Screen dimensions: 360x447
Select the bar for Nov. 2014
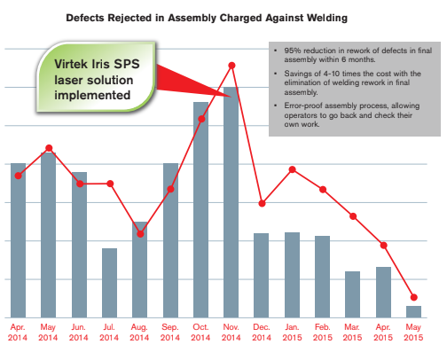[x=231, y=204]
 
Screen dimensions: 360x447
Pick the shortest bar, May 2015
[x=413, y=311]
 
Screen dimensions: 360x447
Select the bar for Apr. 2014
[x=19, y=239]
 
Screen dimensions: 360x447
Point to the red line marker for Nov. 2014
[x=231, y=65]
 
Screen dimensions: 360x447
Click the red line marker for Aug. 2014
[x=140, y=233]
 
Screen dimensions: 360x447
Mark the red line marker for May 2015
[x=413, y=297]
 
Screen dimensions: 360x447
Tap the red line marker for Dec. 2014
[x=262, y=203]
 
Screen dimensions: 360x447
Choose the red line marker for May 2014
[x=49, y=147]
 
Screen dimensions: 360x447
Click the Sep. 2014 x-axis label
[x=170, y=332]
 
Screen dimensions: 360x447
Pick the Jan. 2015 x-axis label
[x=292, y=332]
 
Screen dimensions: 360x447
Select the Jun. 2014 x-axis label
[x=79, y=332]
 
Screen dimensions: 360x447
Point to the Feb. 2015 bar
[x=322, y=276]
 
